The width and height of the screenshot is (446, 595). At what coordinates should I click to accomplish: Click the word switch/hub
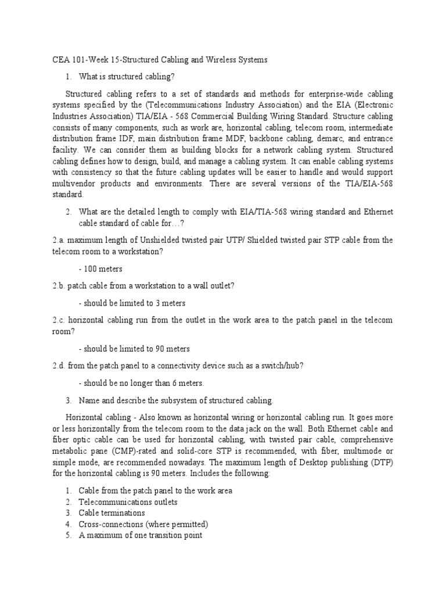(279, 366)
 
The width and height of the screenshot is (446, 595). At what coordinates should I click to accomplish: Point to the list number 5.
(68, 535)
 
